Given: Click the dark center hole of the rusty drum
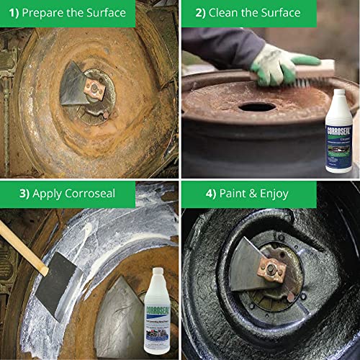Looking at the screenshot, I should pyautogui.click(x=257, y=107).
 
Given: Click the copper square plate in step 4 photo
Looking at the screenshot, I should pyautogui.click(x=273, y=269).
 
